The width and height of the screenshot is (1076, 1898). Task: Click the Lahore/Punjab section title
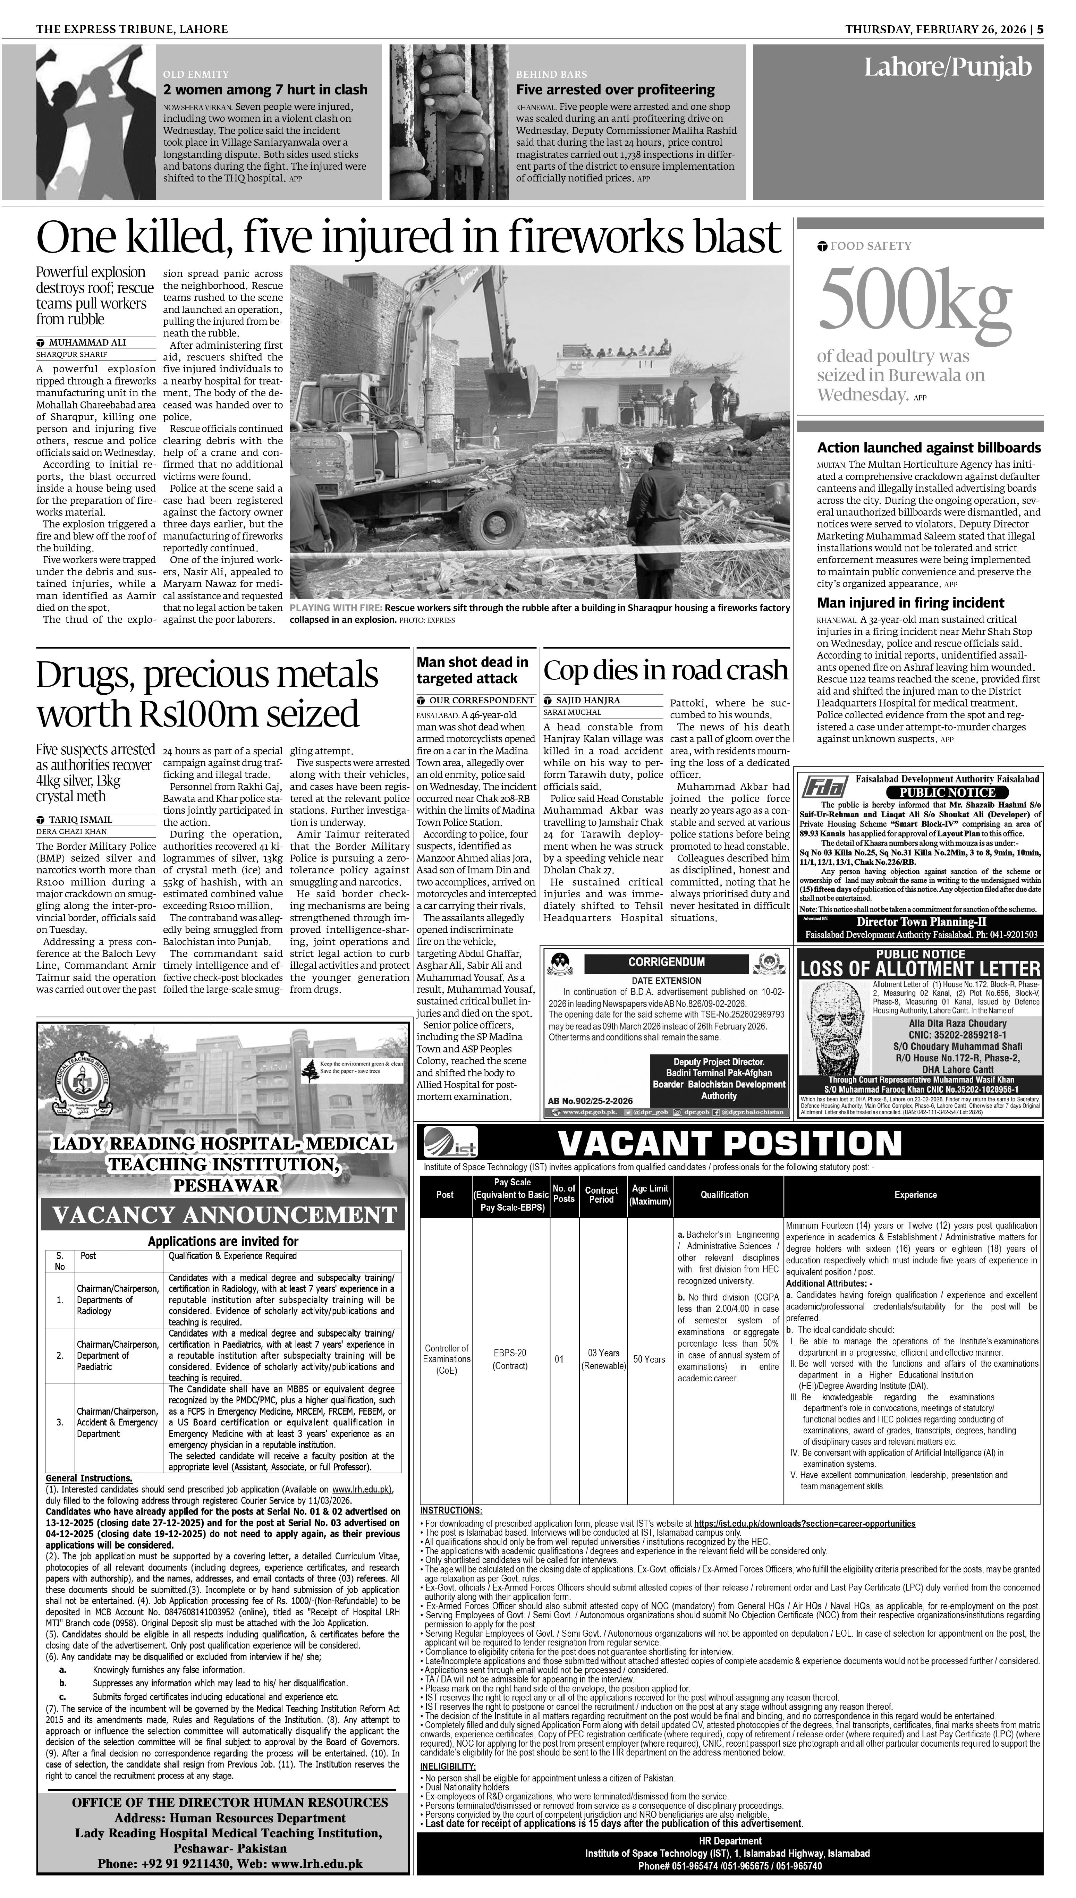(x=947, y=68)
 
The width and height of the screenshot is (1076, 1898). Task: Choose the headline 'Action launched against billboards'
(x=928, y=448)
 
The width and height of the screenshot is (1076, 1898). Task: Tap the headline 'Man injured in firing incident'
(x=910, y=603)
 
